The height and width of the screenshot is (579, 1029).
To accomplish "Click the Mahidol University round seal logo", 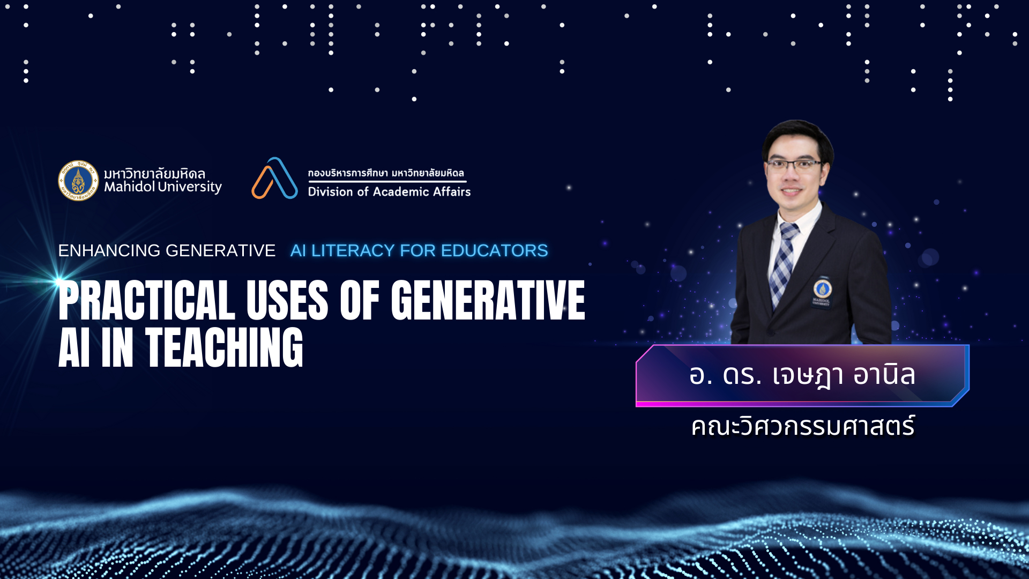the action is [x=78, y=181].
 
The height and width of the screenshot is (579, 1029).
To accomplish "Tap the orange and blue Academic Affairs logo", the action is [x=274, y=178].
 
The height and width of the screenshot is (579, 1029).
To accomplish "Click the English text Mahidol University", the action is [x=163, y=187].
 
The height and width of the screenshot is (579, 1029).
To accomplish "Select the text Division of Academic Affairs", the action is [x=389, y=192].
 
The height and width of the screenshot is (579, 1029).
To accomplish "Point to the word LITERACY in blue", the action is [x=353, y=250].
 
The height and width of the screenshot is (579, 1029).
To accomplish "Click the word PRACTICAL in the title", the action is [x=147, y=301].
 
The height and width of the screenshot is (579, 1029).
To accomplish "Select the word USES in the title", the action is [x=287, y=301].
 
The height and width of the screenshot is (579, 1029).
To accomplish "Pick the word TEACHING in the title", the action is [x=224, y=348].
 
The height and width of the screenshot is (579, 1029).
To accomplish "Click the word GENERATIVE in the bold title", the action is [x=488, y=301].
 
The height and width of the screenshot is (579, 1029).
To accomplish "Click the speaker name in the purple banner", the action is [x=802, y=375].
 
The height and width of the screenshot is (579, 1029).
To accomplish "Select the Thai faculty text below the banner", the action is [x=803, y=426].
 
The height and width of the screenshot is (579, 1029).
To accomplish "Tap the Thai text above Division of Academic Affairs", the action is [x=386, y=173].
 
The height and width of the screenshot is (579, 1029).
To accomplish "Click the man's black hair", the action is [x=797, y=137].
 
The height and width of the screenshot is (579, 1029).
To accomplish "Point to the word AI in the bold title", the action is [x=74, y=348].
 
